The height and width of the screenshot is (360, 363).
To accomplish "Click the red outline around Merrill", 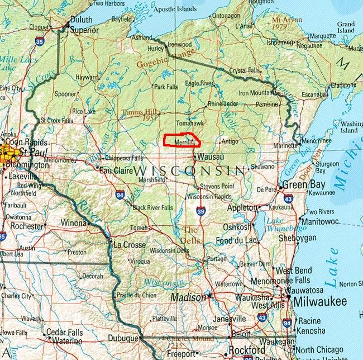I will click(x=180, y=135).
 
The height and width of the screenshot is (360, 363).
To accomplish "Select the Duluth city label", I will click(x=82, y=19).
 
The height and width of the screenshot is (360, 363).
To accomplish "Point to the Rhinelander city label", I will click(x=222, y=104).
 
